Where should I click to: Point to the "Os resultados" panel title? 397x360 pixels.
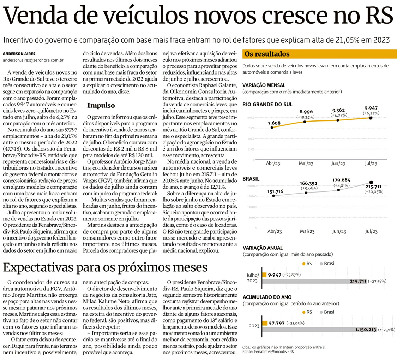[267, 54]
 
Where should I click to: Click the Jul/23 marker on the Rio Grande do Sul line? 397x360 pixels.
[370, 118]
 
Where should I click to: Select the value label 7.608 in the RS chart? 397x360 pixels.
[274, 123]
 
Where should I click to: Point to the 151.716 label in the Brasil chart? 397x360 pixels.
[275, 191]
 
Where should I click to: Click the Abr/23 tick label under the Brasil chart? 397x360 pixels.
[274, 231]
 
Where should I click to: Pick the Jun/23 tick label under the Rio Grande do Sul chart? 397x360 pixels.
[338, 163]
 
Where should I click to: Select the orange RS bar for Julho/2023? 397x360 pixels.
[264, 275]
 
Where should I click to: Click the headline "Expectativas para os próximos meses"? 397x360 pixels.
[105, 267]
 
